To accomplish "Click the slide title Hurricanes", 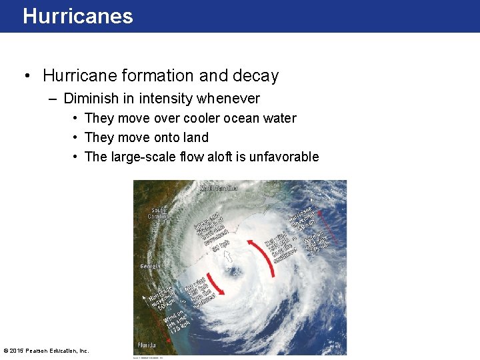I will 77,16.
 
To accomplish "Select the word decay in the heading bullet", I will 256,76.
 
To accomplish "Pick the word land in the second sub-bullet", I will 195,137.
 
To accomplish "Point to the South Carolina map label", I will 159,213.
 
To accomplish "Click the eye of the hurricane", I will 234,271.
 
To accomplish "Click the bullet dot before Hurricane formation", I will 27,76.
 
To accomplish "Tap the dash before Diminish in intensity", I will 53,99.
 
